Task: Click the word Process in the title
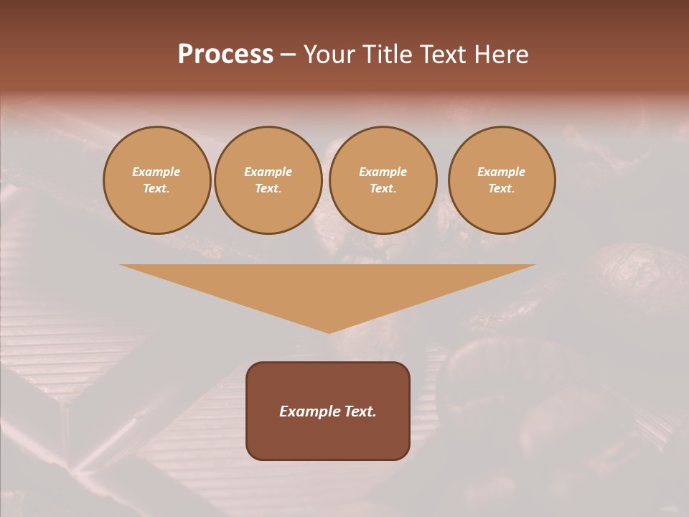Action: click(225, 55)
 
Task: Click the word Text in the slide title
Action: click(444, 55)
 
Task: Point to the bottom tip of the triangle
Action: click(329, 331)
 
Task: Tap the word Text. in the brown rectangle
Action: click(360, 411)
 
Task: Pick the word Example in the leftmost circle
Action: click(156, 172)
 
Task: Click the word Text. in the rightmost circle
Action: click(502, 188)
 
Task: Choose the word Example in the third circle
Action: click(383, 172)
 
